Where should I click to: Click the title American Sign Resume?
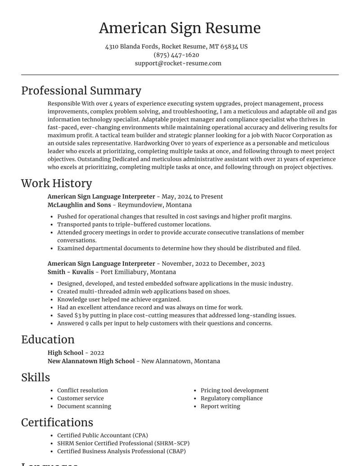[x=180, y=28]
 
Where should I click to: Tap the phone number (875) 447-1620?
[x=176, y=55]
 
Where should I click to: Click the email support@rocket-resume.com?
[x=178, y=63]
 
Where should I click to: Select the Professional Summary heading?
[x=81, y=90]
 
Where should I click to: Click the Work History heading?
[x=56, y=183]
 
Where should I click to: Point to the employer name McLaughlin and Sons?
[x=79, y=205]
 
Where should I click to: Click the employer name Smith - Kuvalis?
[x=71, y=272]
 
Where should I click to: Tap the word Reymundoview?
[x=138, y=205]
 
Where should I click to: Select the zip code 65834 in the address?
[x=229, y=47]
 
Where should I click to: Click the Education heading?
[x=48, y=339]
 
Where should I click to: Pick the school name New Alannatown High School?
[x=91, y=361]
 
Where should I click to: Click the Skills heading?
[x=36, y=377]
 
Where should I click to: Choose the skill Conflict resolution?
[x=82, y=390]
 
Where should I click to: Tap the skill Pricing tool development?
[x=234, y=390]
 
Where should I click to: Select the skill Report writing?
[x=220, y=406]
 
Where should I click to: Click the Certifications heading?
[x=57, y=422]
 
